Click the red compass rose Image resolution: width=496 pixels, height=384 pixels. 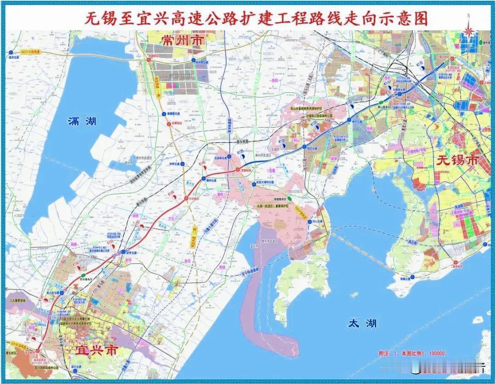[x=468, y=30]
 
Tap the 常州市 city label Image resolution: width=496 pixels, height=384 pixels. [x=182, y=40]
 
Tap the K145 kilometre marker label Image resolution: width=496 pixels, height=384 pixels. [x=171, y=195]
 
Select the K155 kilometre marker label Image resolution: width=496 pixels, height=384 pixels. [x=110, y=241]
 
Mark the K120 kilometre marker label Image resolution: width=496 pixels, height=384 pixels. [x=314, y=124]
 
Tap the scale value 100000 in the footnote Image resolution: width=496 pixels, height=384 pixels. [x=433, y=354]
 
